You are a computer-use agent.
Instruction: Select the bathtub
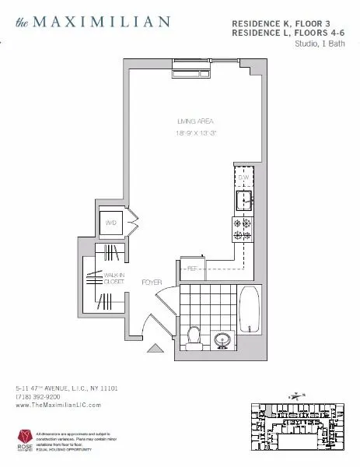pyautogui.click(x=250, y=319)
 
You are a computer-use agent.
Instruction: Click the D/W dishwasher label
pyautogui.click(x=243, y=178)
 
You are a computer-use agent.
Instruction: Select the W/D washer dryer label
pyautogui.click(x=110, y=223)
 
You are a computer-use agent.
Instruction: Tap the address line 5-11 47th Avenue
pyautogui.click(x=65, y=387)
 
